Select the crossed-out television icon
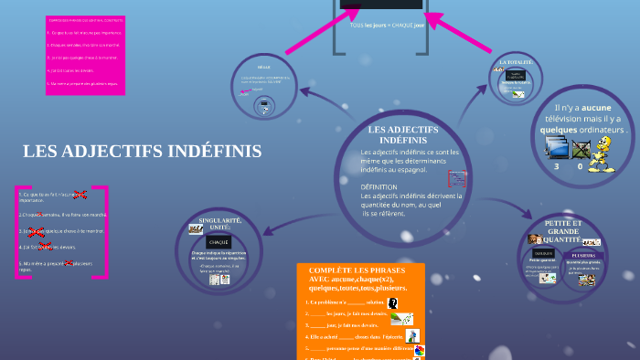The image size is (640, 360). [581, 149]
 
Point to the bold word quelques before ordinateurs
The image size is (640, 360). [558, 130]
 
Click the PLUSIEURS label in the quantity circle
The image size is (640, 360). [582, 255]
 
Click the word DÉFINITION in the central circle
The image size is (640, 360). [385, 186]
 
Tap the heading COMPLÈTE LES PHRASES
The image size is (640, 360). [360, 271]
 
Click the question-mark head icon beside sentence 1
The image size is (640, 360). [393, 302]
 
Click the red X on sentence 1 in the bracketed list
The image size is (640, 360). [80, 195]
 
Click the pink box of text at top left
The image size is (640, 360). [86, 55]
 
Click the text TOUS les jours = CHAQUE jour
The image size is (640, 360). [387, 25]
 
